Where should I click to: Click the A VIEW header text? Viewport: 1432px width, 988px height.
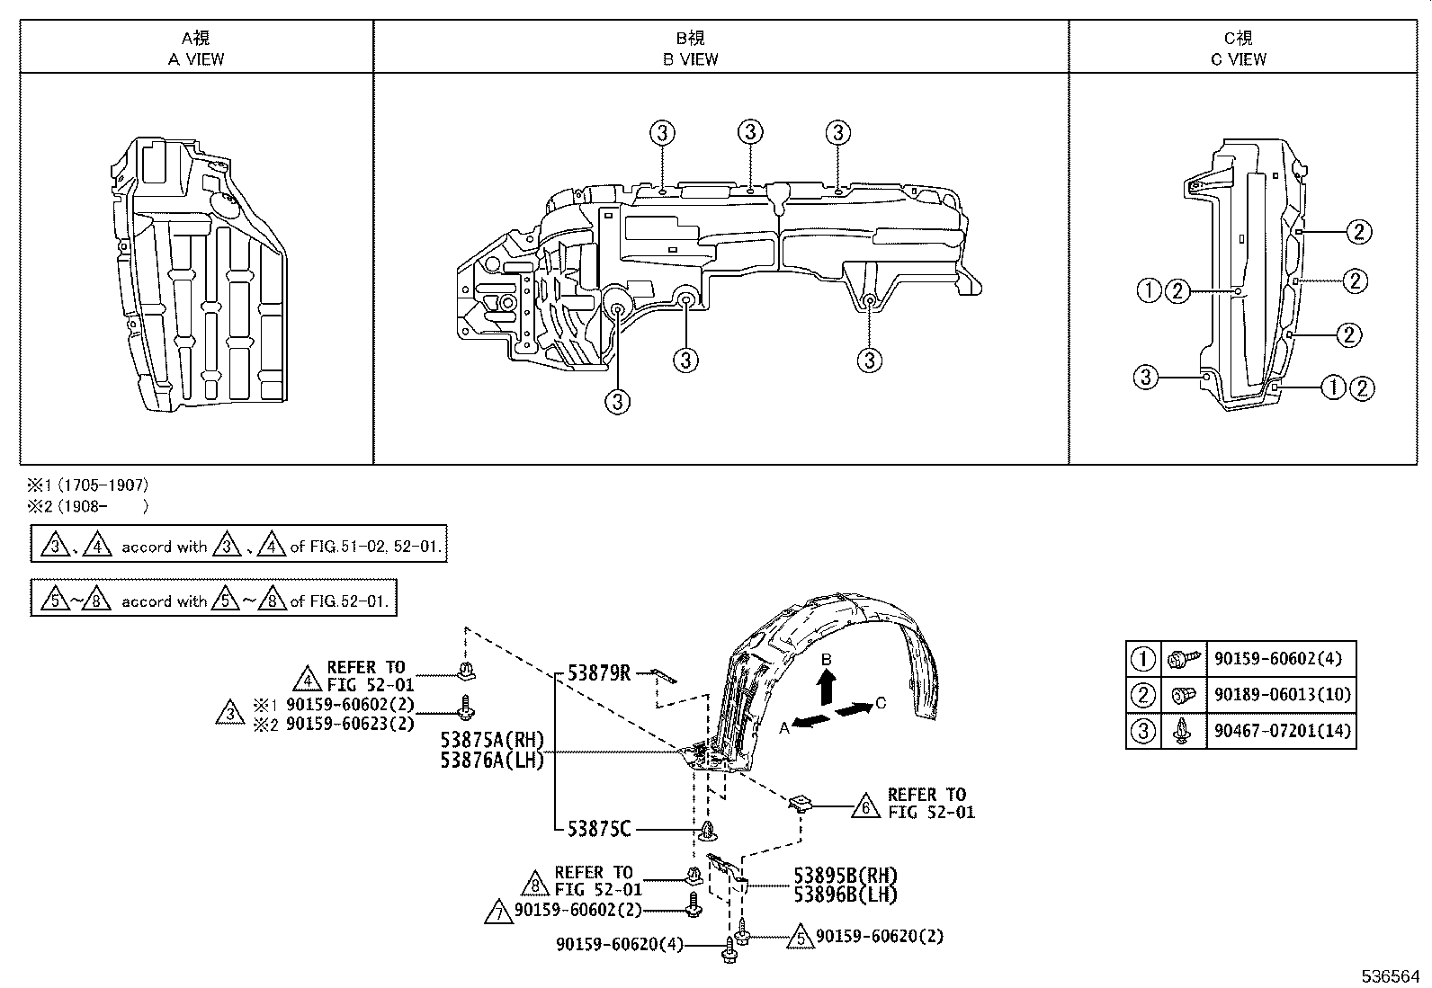coord(196,59)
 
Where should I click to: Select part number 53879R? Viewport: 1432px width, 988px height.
coord(599,673)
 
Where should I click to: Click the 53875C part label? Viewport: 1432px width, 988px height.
coord(599,828)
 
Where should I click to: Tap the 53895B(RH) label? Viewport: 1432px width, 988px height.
coord(846,875)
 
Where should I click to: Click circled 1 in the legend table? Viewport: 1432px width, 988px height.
coord(1142,659)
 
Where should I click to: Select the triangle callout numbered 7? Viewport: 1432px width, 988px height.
coord(497,913)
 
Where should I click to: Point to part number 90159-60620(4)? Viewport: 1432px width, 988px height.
coord(620,944)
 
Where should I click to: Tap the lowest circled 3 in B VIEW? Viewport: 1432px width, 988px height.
coord(618,402)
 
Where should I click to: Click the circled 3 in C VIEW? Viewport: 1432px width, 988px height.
coord(1145,377)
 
